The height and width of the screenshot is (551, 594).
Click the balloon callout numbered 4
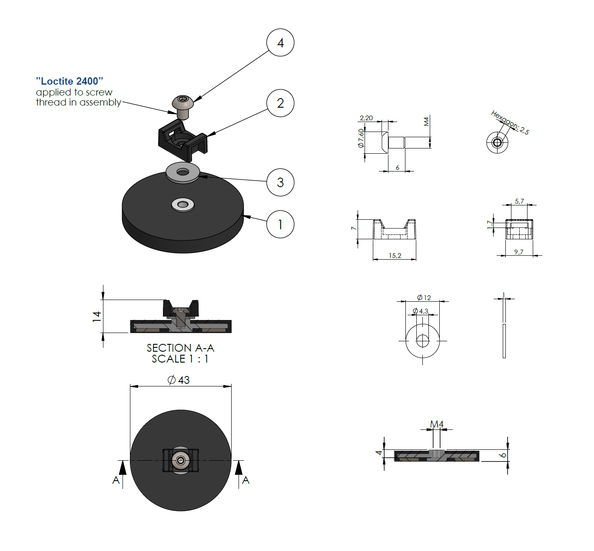280,43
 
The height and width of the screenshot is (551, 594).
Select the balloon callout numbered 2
280,103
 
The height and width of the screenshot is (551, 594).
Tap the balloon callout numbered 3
280,182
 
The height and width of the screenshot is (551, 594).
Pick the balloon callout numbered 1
280,224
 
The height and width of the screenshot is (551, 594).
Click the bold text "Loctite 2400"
70,81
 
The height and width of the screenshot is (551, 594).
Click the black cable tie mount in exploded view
183,140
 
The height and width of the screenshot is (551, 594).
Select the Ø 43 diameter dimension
179,380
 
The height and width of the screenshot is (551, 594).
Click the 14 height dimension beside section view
96,316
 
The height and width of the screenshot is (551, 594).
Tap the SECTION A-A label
180,348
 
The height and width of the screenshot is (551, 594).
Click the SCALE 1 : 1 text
180,359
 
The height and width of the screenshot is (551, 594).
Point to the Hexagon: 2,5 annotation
510,122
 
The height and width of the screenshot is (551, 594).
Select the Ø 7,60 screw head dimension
361,138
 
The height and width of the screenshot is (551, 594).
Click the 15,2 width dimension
395,255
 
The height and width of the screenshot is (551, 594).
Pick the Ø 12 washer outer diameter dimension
424,297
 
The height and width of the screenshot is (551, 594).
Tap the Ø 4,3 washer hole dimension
420,311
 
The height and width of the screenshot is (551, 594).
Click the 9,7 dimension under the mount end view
518,252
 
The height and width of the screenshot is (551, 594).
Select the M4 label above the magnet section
437,424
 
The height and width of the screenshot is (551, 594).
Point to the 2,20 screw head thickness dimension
366,118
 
